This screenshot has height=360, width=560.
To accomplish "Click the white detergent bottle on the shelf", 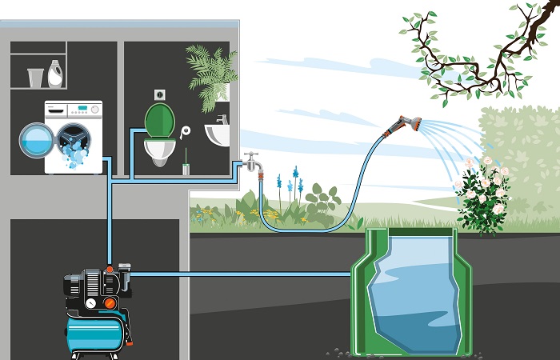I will click(x=56, y=74).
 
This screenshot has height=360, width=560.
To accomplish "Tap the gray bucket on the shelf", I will click(x=35, y=78).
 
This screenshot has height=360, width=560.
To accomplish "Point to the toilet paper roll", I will click(x=186, y=130).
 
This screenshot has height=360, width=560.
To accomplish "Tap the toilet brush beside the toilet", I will click(x=186, y=165).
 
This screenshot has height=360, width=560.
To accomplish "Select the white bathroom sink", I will click(x=218, y=134).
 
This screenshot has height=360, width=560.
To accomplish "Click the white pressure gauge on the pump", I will click(x=93, y=303).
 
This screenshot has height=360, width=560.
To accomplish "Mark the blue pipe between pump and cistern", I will click(x=240, y=274).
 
